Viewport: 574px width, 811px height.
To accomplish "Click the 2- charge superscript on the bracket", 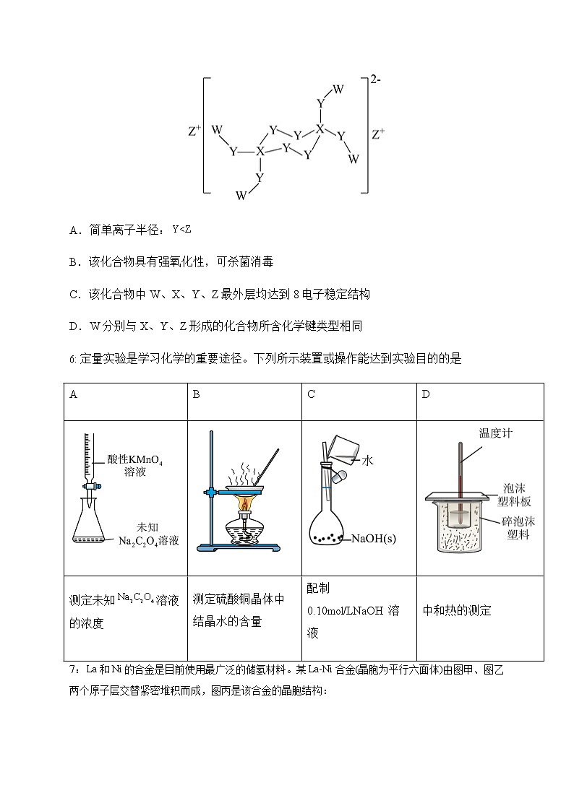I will (x=376, y=81).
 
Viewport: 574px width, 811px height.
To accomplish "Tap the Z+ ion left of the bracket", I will (x=194, y=132).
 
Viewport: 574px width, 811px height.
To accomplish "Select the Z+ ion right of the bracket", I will (x=378, y=134).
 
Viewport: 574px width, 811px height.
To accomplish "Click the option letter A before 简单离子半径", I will (x=73, y=230).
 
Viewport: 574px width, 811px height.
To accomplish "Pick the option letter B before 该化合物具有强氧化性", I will (x=73, y=262).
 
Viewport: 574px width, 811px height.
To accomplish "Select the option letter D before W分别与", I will (x=73, y=326).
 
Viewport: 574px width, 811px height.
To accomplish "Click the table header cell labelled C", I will (x=311, y=394).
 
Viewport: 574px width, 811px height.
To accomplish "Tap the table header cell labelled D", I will (x=426, y=394).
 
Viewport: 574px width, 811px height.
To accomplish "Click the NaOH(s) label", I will (x=374, y=539).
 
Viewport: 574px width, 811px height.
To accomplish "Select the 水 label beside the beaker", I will (x=367, y=459).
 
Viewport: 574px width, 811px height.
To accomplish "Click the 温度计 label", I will (x=496, y=433).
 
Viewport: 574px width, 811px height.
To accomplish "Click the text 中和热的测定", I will (x=457, y=610).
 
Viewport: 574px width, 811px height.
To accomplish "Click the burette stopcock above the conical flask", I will (x=89, y=486).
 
